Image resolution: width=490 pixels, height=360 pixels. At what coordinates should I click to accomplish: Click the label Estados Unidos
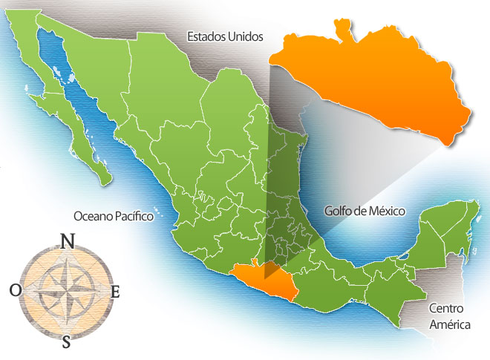coord(225,36)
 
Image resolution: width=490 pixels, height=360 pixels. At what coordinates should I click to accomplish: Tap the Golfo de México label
coord(365,211)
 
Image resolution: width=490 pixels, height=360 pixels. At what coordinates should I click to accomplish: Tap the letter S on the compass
coord(66,341)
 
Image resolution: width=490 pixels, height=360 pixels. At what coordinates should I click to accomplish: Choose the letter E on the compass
coord(115,292)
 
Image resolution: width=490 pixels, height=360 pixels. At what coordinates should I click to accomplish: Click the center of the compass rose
coord(65,290)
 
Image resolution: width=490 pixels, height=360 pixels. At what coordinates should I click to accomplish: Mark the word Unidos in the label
coord(246,36)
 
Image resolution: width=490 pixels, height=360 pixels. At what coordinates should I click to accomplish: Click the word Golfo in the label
coord(339,211)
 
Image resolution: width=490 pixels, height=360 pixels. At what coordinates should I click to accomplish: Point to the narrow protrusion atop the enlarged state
coord(342,30)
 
